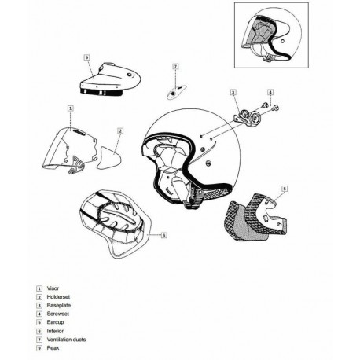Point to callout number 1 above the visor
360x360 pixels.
tap(71, 107)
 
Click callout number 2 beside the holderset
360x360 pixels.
tap(120, 131)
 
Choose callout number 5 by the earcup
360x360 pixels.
tap(285, 189)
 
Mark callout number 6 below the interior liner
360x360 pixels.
tap(163, 234)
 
